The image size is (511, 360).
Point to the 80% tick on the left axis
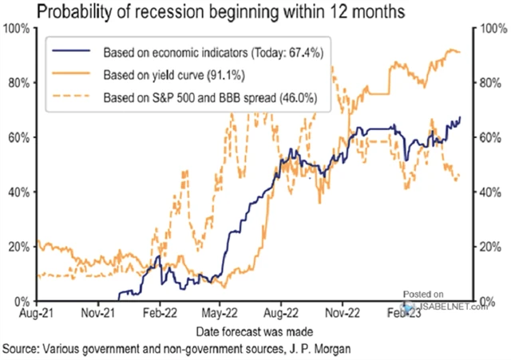coord(18,83)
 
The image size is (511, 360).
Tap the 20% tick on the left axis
coord(18,247)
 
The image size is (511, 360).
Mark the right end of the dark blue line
coord(461,117)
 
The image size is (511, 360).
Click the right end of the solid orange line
coord(461,53)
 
